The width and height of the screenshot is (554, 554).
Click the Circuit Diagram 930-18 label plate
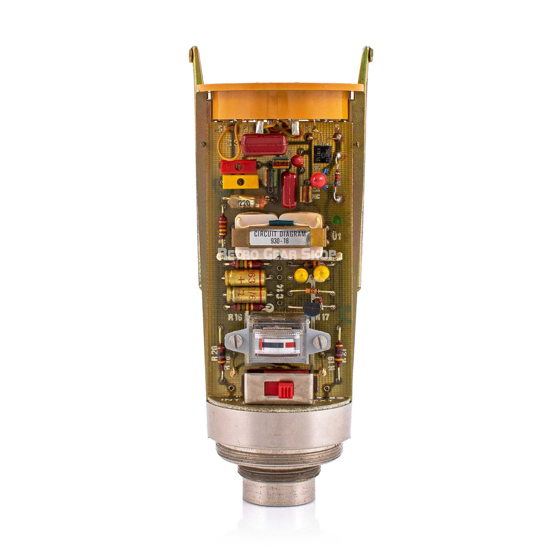click(279, 238)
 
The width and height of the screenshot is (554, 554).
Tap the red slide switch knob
click(279, 389)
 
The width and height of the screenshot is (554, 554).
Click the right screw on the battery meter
click(320, 341)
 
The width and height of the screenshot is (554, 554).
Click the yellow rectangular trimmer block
click(240, 182)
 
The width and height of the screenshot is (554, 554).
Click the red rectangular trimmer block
click(238, 166)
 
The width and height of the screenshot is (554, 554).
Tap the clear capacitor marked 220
click(246, 202)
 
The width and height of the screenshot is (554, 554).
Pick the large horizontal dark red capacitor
click(263, 144)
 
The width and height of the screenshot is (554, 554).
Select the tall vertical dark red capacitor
click(289, 189)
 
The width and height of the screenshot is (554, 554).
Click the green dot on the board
click(337, 220)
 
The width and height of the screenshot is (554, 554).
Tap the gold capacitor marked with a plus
click(245, 278)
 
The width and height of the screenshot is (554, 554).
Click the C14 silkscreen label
click(280, 293)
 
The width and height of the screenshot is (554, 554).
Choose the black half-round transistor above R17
click(312, 308)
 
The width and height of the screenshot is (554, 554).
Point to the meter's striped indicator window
click(279, 344)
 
